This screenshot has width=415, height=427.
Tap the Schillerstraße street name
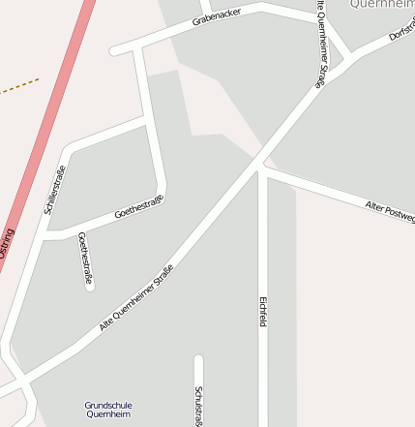(x=54, y=190)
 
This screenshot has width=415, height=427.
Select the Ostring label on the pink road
(x=8, y=242)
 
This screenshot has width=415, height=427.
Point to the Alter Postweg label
(x=390, y=213)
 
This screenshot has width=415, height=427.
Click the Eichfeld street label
(x=262, y=310)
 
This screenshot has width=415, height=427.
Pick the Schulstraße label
(x=198, y=405)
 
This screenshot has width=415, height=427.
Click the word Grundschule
(x=108, y=405)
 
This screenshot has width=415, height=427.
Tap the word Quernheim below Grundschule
(x=108, y=414)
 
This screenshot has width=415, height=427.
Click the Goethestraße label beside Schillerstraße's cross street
(x=139, y=205)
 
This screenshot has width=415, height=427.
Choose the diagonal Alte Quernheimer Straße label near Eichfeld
(x=136, y=298)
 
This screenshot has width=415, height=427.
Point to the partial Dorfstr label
(x=401, y=31)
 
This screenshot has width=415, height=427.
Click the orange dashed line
(x=19, y=87)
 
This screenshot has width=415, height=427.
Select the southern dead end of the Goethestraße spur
(x=90, y=286)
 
